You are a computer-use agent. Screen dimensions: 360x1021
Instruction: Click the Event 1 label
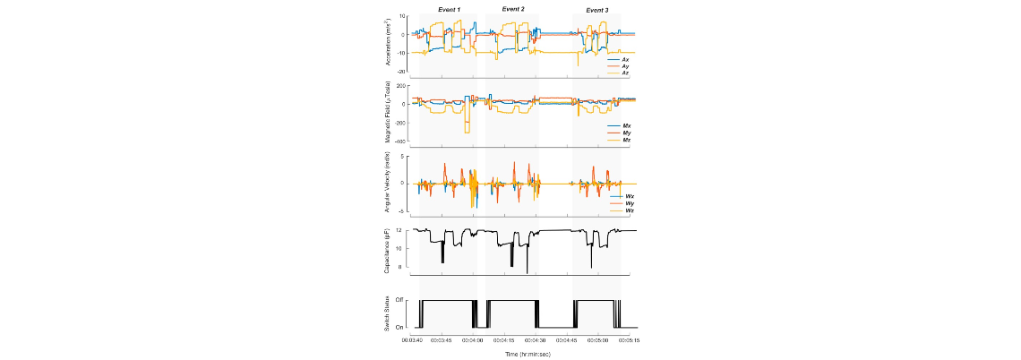point(449,10)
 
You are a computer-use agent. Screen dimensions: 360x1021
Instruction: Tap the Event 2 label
point(513,9)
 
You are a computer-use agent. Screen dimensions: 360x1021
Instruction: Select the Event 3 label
point(597,10)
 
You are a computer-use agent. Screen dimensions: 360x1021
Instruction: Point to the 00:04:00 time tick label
point(472,340)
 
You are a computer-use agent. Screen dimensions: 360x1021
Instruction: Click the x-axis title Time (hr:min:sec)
point(523,354)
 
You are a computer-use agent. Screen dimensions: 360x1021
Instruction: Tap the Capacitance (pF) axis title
point(386,251)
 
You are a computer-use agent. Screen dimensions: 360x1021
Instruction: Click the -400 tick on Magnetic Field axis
point(401,141)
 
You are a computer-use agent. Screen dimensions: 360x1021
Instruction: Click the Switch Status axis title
point(387,313)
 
